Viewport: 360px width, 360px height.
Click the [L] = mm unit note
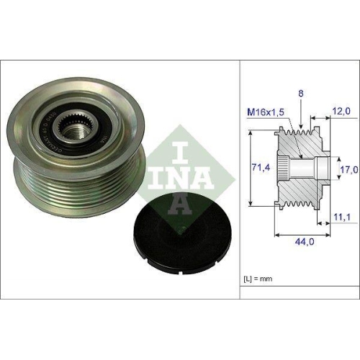click(260, 277)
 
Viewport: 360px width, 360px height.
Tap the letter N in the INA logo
click(171, 176)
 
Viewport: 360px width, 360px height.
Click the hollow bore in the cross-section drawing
click(310, 171)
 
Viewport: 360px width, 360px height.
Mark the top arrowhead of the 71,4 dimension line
click(248, 134)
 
